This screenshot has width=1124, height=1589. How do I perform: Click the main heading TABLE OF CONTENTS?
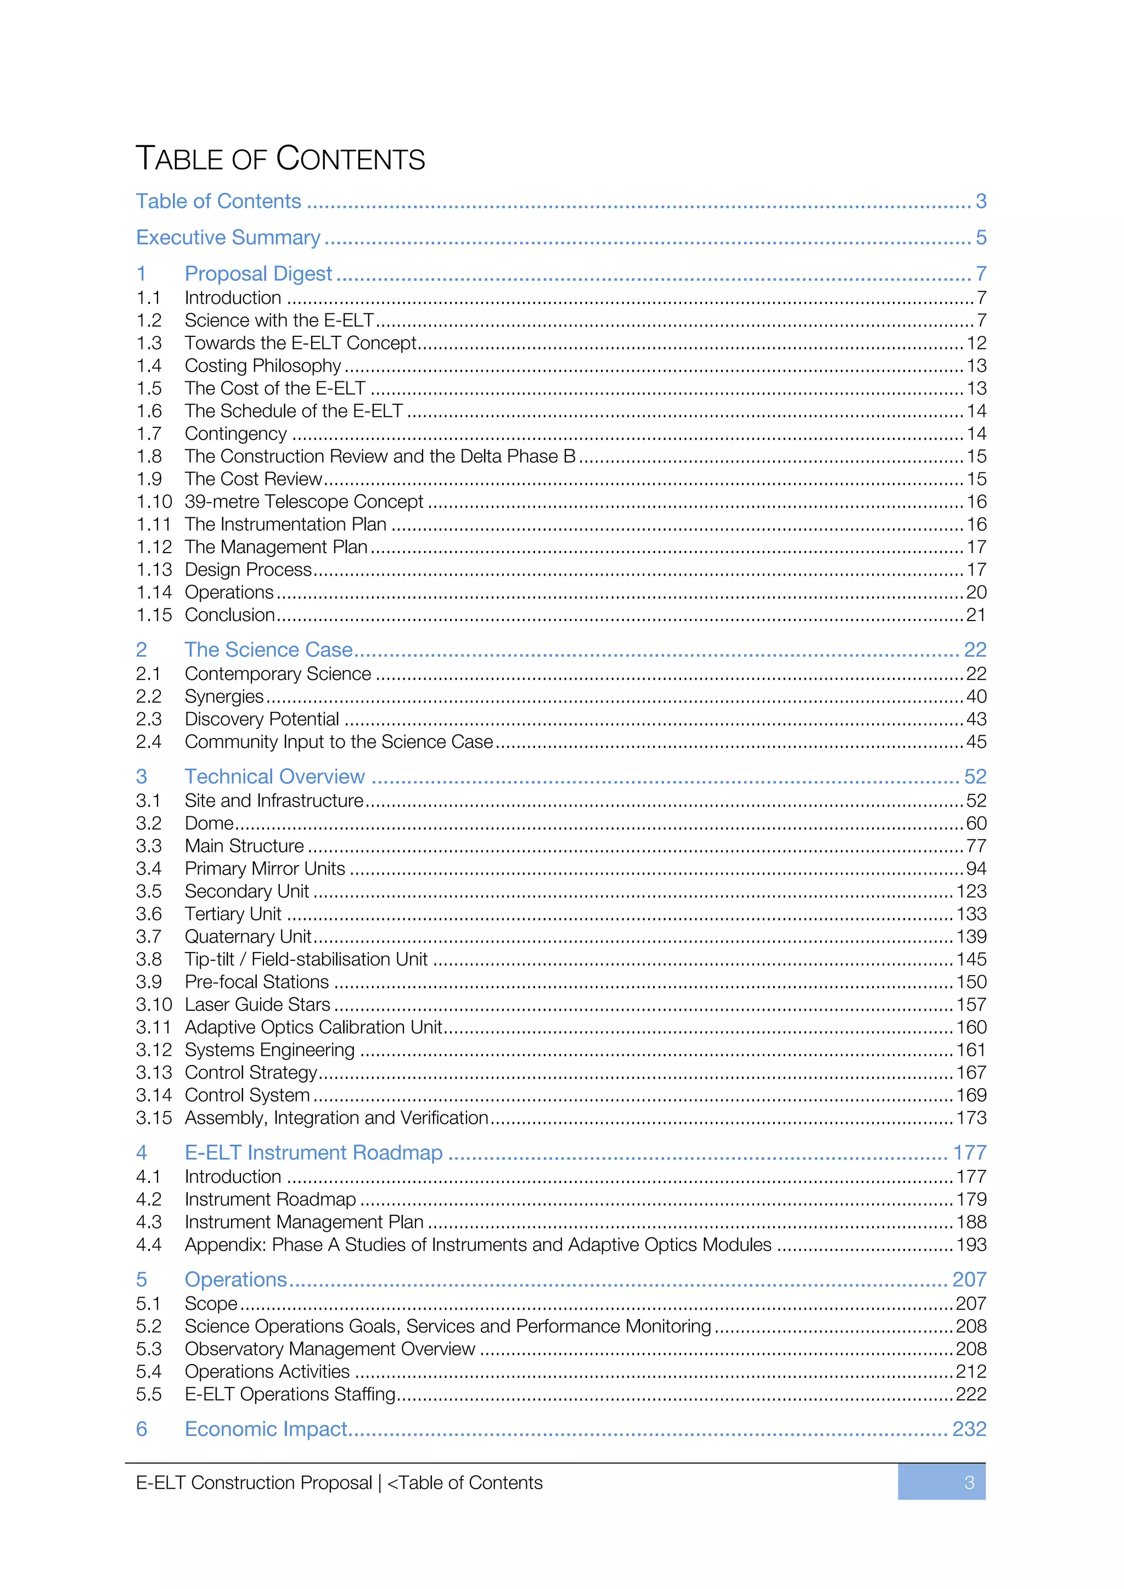[x=280, y=159]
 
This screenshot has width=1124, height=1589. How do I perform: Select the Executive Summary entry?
[x=228, y=238]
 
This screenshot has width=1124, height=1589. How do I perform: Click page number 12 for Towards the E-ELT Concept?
[x=976, y=343]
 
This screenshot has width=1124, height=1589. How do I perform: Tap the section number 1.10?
[x=154, y=502]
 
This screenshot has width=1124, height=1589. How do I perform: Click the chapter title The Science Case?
[x=268, y=650]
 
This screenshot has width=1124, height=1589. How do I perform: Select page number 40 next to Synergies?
[x=976, y=696]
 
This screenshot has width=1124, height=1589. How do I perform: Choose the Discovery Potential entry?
[x=262, y=719]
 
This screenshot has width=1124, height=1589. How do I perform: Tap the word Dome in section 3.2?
[x=209, y=824]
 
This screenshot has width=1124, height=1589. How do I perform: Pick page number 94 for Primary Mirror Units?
[x=976, y=869]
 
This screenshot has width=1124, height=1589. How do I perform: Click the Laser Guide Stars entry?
[x=257, y=1005]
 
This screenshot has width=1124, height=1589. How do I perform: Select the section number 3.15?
[x=154, y=1118]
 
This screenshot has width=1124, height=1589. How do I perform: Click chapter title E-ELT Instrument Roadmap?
[x=313, y=1153]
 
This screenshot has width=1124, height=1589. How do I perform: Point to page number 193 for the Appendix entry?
[x=971, y=1245]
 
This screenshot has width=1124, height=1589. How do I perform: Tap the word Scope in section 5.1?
[x=210, y=1304]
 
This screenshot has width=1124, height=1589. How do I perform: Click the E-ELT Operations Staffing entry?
[x=289, y=1395]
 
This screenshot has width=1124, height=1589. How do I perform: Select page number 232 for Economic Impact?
[x=969, y=1429]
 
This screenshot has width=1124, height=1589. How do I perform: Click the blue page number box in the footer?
[x=941, y=1483]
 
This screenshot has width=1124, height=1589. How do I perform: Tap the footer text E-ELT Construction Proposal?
[x=254, y=1483]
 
